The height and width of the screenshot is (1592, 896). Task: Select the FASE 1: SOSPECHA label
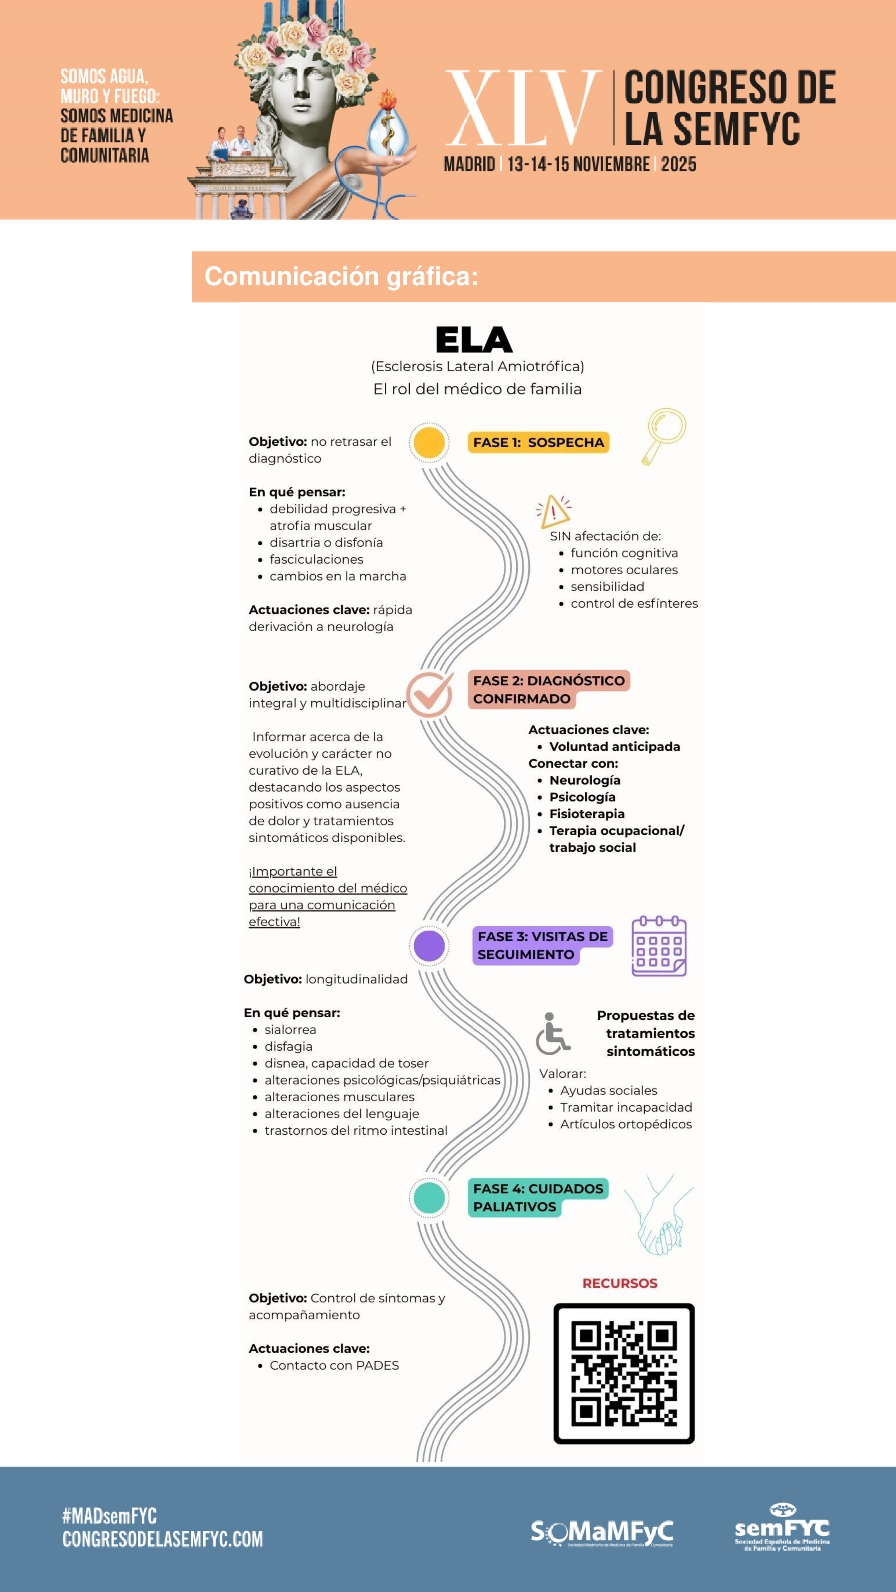[x=538, y=443]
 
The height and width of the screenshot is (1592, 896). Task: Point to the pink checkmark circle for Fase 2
[x=429, y=694]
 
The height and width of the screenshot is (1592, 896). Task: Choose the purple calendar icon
[x=659, y=946]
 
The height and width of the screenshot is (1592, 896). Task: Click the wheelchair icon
[x=552, y=1033]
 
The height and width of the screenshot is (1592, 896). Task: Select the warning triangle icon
[x=554, y=511]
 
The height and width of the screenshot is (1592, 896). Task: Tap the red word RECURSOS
[x=620, y=1283]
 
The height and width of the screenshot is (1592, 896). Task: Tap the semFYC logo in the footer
[x=782, y=1528]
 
